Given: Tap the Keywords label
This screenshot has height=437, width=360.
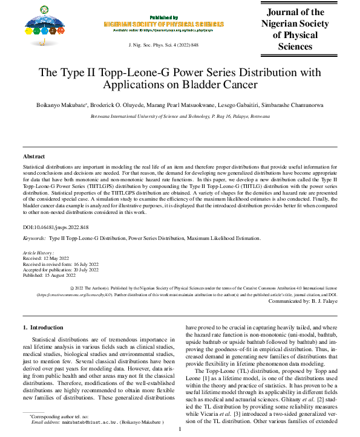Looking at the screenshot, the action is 35,239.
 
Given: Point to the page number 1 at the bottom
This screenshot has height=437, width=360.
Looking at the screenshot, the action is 180,430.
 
